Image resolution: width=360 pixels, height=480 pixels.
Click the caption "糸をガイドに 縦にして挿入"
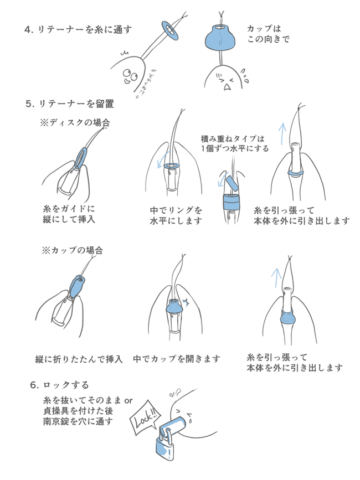click(69, 214)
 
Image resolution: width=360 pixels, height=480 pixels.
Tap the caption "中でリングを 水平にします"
click(176, 215)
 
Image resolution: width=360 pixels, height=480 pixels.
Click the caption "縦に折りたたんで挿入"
click(79, 359)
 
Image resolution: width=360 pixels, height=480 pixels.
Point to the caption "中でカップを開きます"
click(177, 359)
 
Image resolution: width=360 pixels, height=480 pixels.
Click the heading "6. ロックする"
click(60, 384)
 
